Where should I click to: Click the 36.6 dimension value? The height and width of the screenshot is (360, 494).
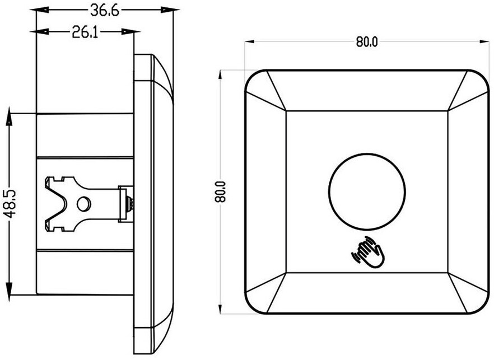(105, 11)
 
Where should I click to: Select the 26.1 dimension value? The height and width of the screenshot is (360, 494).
(85, 32)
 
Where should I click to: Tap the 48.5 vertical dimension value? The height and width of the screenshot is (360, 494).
(11, 204)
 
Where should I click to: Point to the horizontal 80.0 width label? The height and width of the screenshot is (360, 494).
(367, 42)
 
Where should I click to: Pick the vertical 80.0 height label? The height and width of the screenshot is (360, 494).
(221, 191)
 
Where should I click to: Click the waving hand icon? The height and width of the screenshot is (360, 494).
(367, 253)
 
